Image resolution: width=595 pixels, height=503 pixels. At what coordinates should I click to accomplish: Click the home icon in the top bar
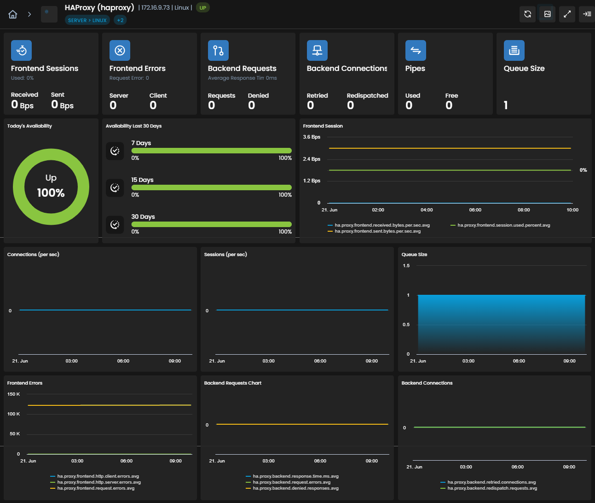point(13,14)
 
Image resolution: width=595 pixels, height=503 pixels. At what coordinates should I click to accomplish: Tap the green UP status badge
point(202,8)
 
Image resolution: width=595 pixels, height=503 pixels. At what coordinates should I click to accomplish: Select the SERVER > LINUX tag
point(87,20)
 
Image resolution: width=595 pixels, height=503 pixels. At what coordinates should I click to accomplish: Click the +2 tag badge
point(120,20)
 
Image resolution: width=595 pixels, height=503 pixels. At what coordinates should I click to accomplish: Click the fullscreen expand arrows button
point(567,14)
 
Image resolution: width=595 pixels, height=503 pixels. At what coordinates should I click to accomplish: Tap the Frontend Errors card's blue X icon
point(120,51)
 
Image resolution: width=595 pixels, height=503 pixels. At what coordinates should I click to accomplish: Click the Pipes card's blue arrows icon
point(416,51)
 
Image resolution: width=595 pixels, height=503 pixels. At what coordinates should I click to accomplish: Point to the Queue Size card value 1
point(506,105)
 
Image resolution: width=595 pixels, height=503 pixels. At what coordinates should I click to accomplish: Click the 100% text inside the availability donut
point(51,193)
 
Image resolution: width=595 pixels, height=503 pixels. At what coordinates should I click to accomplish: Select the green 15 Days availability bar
point(211,187)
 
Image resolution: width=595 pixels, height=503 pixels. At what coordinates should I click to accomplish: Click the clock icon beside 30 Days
point(115,224)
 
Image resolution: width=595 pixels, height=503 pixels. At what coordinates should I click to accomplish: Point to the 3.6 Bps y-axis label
point(312,137)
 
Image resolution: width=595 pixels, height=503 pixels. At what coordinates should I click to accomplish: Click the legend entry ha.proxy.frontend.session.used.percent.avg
point(503,225)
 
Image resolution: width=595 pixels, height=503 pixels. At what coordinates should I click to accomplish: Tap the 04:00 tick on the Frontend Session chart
point(427,210)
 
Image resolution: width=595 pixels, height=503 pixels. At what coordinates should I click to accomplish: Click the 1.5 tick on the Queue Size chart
point(406,266)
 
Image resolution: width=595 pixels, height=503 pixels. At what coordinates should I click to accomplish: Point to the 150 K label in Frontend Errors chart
point(14,394)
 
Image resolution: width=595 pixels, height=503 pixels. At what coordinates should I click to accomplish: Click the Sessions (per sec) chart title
point(225,255)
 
